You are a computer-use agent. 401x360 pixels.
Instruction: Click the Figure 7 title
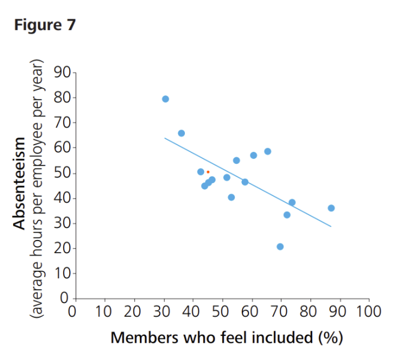pos(46,26)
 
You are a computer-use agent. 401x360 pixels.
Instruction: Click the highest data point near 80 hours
pos(165,99)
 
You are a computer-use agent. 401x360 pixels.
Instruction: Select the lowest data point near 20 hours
pos(280,247)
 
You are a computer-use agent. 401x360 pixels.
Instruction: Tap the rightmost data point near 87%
pos(331,208)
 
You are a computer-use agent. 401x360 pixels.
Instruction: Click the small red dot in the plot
pos(208,172)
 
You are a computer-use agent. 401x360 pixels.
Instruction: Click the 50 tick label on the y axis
pos(62,173)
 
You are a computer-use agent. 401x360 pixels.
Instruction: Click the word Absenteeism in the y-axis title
pos(20,183)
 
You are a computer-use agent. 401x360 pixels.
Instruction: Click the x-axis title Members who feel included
pos(213,338)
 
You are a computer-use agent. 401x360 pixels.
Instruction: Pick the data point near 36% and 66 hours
pos(181,133)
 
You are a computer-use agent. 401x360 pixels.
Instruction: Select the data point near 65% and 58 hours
pos(268,151)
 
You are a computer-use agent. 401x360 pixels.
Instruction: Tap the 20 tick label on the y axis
pos(62,248)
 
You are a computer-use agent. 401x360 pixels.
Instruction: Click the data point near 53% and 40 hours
pos(231,197)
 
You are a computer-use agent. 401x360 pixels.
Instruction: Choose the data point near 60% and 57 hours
pos(253,155)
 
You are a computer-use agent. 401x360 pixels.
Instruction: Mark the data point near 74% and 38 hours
pos(292,202)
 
